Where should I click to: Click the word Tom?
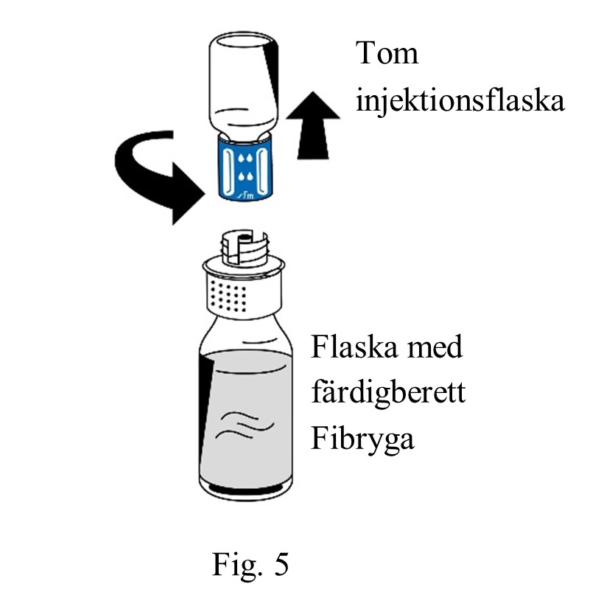pos(387,52)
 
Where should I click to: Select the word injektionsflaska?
pos(460,101)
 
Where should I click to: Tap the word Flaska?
pos(355,347)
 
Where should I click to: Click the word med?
pos(435,347)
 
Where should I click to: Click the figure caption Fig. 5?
pos(250,564)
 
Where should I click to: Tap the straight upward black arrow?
pos(313,125)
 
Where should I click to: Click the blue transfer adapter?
pos(245,167)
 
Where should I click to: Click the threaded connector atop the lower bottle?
pos(245,248)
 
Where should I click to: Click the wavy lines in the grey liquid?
pos(245,425)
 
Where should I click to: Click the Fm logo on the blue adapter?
pos(246,195)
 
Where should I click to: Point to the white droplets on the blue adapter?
pos(245,167)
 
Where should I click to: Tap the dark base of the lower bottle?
pos(245,490)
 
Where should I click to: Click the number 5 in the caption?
pos(281,564)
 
